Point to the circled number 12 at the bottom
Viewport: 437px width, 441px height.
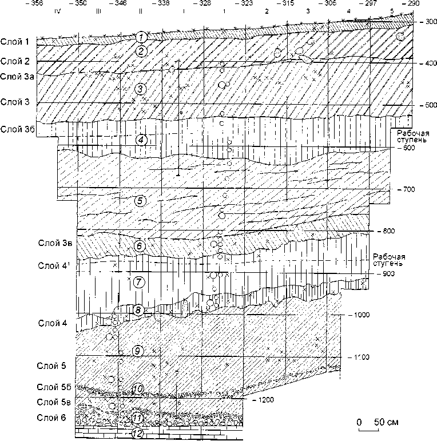137,434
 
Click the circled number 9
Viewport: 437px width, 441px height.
137,350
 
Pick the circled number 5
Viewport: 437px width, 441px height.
139,201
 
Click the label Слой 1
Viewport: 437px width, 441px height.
18,41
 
